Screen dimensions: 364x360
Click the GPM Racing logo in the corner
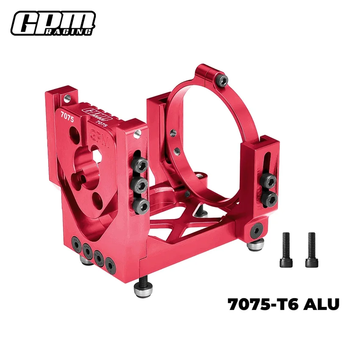[53, 23]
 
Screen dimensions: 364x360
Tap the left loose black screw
[286, 250]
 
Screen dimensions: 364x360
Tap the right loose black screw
[312, 250]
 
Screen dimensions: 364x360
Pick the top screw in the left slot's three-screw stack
[139, 166]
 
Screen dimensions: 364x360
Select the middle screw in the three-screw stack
[139, 185]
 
